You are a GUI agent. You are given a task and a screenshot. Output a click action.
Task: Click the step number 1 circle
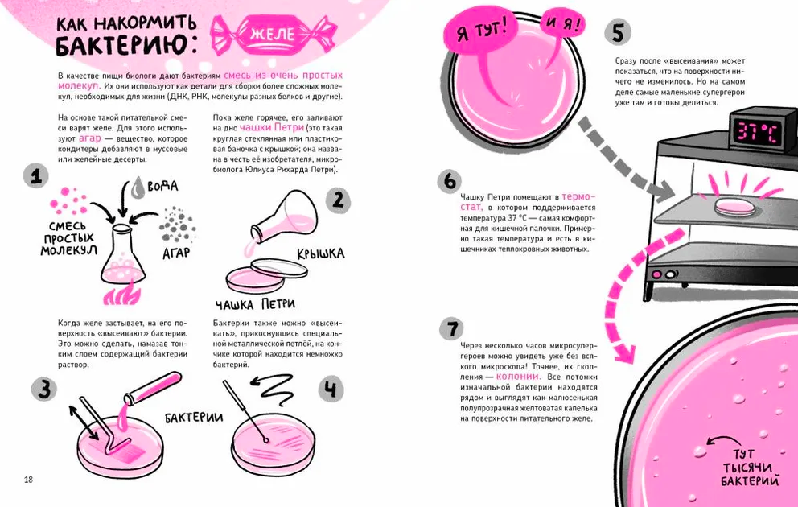[x=36, y=176]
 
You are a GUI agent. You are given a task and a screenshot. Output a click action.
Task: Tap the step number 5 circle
[x=618, y=32]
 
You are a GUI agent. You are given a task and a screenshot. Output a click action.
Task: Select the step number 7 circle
[x=452, y=328]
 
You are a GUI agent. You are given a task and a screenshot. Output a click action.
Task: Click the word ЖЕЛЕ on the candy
[x=272, y=34]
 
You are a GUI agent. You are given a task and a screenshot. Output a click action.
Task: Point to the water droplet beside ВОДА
[x=138, y=187]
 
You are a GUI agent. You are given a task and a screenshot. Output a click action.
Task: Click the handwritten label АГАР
[x=176, y=253]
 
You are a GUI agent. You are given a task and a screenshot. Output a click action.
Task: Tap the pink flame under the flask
[x=121, y=295]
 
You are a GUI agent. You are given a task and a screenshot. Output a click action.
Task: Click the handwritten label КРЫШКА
[x=321, y=253]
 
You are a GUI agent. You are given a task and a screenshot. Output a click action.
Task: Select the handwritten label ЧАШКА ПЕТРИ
[x=255, y=304]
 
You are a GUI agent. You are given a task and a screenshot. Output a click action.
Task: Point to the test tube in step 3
[x=153, y=388]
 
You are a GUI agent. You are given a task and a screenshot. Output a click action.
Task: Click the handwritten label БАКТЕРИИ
[x=194, y=418]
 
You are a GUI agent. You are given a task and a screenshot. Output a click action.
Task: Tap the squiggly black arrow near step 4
[x=271, y=385]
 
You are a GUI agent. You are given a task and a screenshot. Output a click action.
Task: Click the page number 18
[x=28, y=480]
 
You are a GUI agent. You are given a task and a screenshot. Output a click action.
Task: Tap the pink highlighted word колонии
[x=517, y=377]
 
